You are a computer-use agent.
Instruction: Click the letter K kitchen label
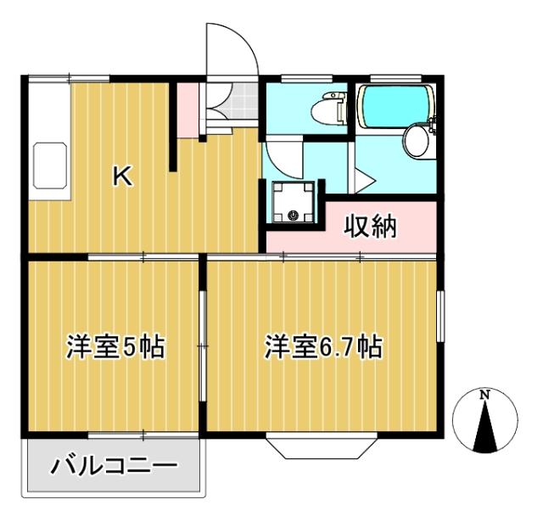123,176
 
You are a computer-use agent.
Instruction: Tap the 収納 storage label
370,227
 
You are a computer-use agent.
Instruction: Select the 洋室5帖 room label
115,347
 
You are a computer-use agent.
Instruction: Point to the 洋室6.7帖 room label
323,347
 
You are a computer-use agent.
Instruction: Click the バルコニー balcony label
114,466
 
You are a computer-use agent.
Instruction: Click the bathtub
395,106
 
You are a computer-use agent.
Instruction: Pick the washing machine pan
294,202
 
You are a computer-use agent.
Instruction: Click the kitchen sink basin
49,166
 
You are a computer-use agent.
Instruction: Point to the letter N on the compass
484,394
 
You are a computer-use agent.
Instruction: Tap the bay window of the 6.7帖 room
322,446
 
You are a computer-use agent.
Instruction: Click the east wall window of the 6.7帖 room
440,317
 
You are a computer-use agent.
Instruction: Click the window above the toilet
306,79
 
